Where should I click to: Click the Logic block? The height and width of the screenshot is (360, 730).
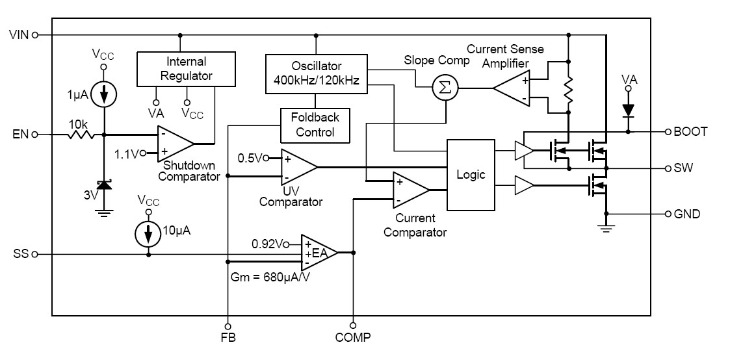pyautogui.click(x=471, y=175)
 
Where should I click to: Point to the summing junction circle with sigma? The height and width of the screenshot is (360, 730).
pyautogui.click(x=445, y=88)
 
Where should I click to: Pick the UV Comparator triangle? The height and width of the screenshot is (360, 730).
pyautogui.click(x=296, y=167)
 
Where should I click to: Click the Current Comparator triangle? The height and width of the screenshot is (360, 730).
pyautogui.click(x=409, y=190)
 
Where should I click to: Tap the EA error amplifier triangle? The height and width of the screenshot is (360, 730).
pyautogui.click(x=317, y=252)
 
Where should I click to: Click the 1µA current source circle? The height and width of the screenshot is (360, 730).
pyautogui.click(x=102, y=95)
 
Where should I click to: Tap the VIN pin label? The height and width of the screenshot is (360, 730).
pyautogui.click(x=18, y=34)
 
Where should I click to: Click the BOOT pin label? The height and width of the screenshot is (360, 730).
pyautogui.click(x=692, y=132)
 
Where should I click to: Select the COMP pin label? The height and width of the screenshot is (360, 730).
pyautogui.click(x=353, y=337)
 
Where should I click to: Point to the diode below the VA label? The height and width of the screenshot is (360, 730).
pyautogui.click(x=628, y=110)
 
